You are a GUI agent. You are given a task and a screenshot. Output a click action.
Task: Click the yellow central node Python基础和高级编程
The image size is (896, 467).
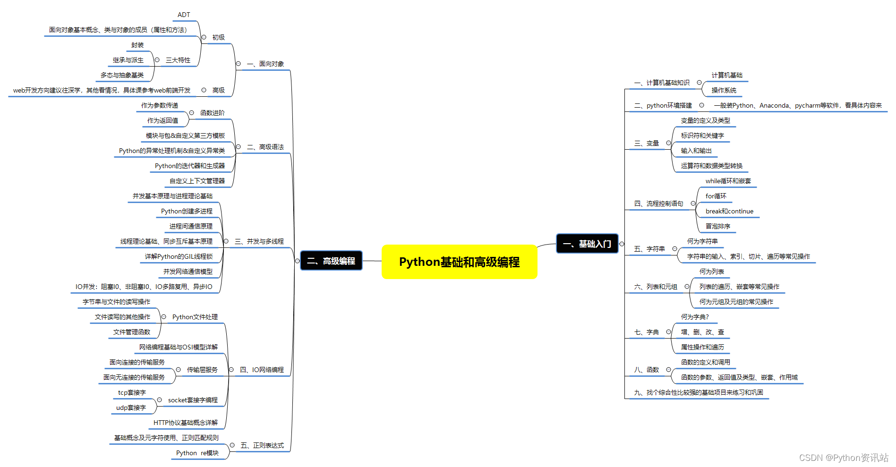(x=459, y=262)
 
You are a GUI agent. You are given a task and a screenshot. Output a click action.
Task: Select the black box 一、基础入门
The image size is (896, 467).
(x=587, y=244)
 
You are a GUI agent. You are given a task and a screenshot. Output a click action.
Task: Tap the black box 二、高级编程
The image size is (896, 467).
(x=331, y=261)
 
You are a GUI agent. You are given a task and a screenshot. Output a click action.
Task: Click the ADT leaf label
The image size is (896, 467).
(x=184, y=15)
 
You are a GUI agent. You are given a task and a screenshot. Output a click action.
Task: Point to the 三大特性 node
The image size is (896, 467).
(x=178, y=60)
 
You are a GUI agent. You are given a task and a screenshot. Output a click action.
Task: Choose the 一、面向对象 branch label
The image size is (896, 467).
(x=265, y=64)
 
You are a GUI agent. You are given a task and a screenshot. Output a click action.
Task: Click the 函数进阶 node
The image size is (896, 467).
(x=213, y=113)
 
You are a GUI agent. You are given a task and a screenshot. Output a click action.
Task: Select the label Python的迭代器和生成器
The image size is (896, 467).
(x=190, y=166)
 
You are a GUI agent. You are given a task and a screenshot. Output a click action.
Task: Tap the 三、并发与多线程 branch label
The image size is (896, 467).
(x=259, y=242)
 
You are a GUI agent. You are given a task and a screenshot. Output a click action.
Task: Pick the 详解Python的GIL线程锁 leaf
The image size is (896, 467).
(x=179, y=257)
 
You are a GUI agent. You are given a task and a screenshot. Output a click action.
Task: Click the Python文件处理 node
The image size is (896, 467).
(x=195, y=317)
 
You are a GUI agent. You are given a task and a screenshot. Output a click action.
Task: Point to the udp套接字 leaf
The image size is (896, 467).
(x=131, y=408)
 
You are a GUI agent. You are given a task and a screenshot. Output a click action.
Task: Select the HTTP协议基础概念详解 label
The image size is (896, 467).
(x=186, y=423)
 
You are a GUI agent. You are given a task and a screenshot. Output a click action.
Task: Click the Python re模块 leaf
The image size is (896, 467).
(x=197, y=453)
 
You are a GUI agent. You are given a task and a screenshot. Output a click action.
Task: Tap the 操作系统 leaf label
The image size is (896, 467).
(x=724, y=91)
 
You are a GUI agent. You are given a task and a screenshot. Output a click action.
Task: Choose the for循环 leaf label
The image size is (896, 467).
(x=716, y=196)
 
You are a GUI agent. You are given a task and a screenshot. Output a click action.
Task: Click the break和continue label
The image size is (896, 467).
(x=729, y=212)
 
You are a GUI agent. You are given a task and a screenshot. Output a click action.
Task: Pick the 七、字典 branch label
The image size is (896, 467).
(x=647, y=332)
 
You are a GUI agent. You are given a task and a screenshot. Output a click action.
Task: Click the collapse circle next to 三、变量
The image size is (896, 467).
(x=668, y=143)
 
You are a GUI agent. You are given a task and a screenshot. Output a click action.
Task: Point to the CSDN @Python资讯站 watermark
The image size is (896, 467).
(x=844, y=458)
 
